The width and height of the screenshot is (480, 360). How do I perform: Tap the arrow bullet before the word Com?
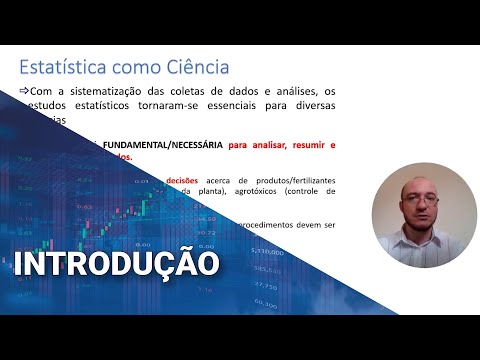[25, 92]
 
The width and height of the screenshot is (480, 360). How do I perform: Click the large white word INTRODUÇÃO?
[116, 264]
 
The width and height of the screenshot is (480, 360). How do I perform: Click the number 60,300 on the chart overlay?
[265, 302]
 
